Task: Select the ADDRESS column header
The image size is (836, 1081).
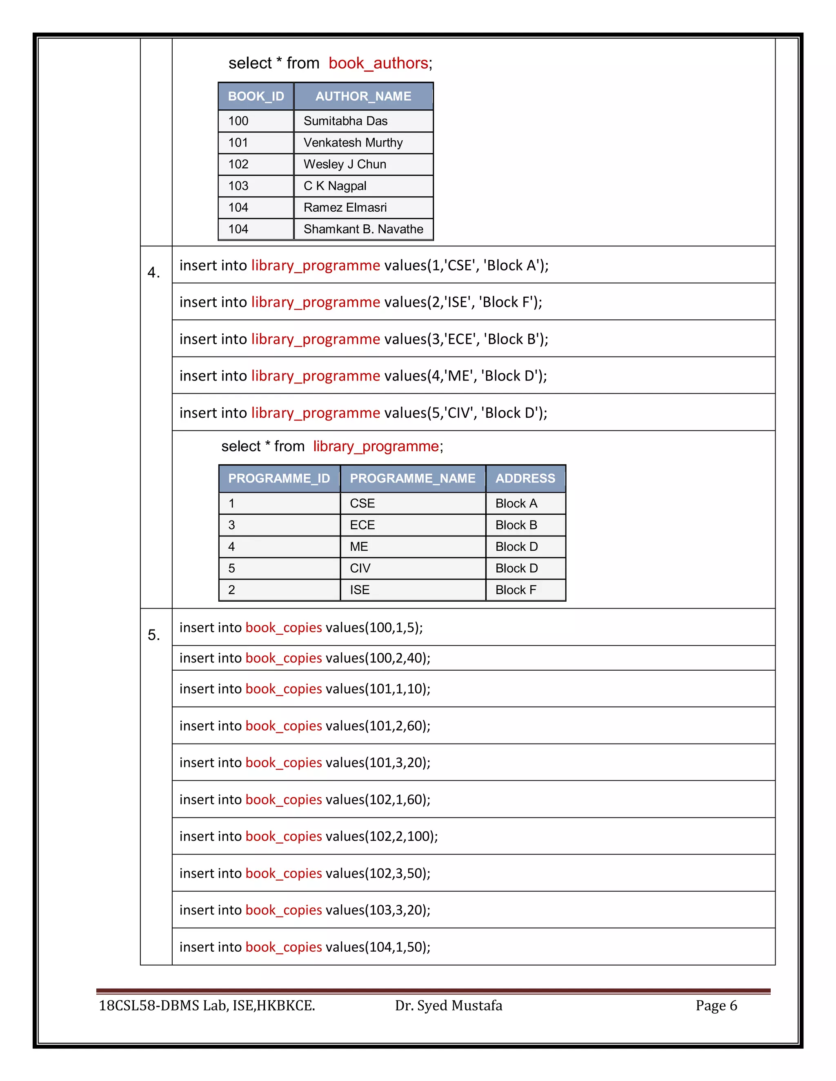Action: point(525,478)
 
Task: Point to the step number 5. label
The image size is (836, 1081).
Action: point(154,635)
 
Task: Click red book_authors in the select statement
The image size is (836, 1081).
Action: point(378,63)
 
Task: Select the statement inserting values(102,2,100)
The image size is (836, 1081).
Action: point(308,837)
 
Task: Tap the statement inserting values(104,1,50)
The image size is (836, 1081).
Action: point(305,947)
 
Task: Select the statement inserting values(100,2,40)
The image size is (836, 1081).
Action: point(305,658)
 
